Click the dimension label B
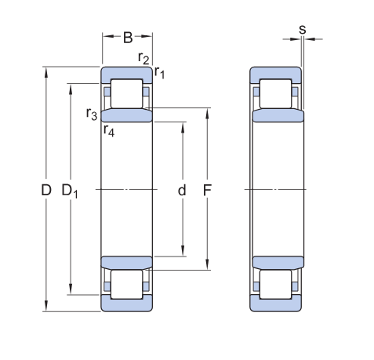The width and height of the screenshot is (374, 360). click(128, 38)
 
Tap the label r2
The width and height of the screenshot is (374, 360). click(143, 58)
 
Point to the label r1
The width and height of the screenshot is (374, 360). click(159, 72)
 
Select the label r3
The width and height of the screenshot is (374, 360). click(92, 114)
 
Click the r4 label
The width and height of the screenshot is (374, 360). click(109, 130)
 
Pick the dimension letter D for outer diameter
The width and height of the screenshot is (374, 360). click(46, 190)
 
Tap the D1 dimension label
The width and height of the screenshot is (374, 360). click(70, 191)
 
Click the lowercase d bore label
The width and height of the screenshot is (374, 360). click(182, 190)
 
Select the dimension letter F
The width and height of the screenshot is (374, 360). click(207, 190)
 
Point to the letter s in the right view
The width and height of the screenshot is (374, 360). click(303, 30)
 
